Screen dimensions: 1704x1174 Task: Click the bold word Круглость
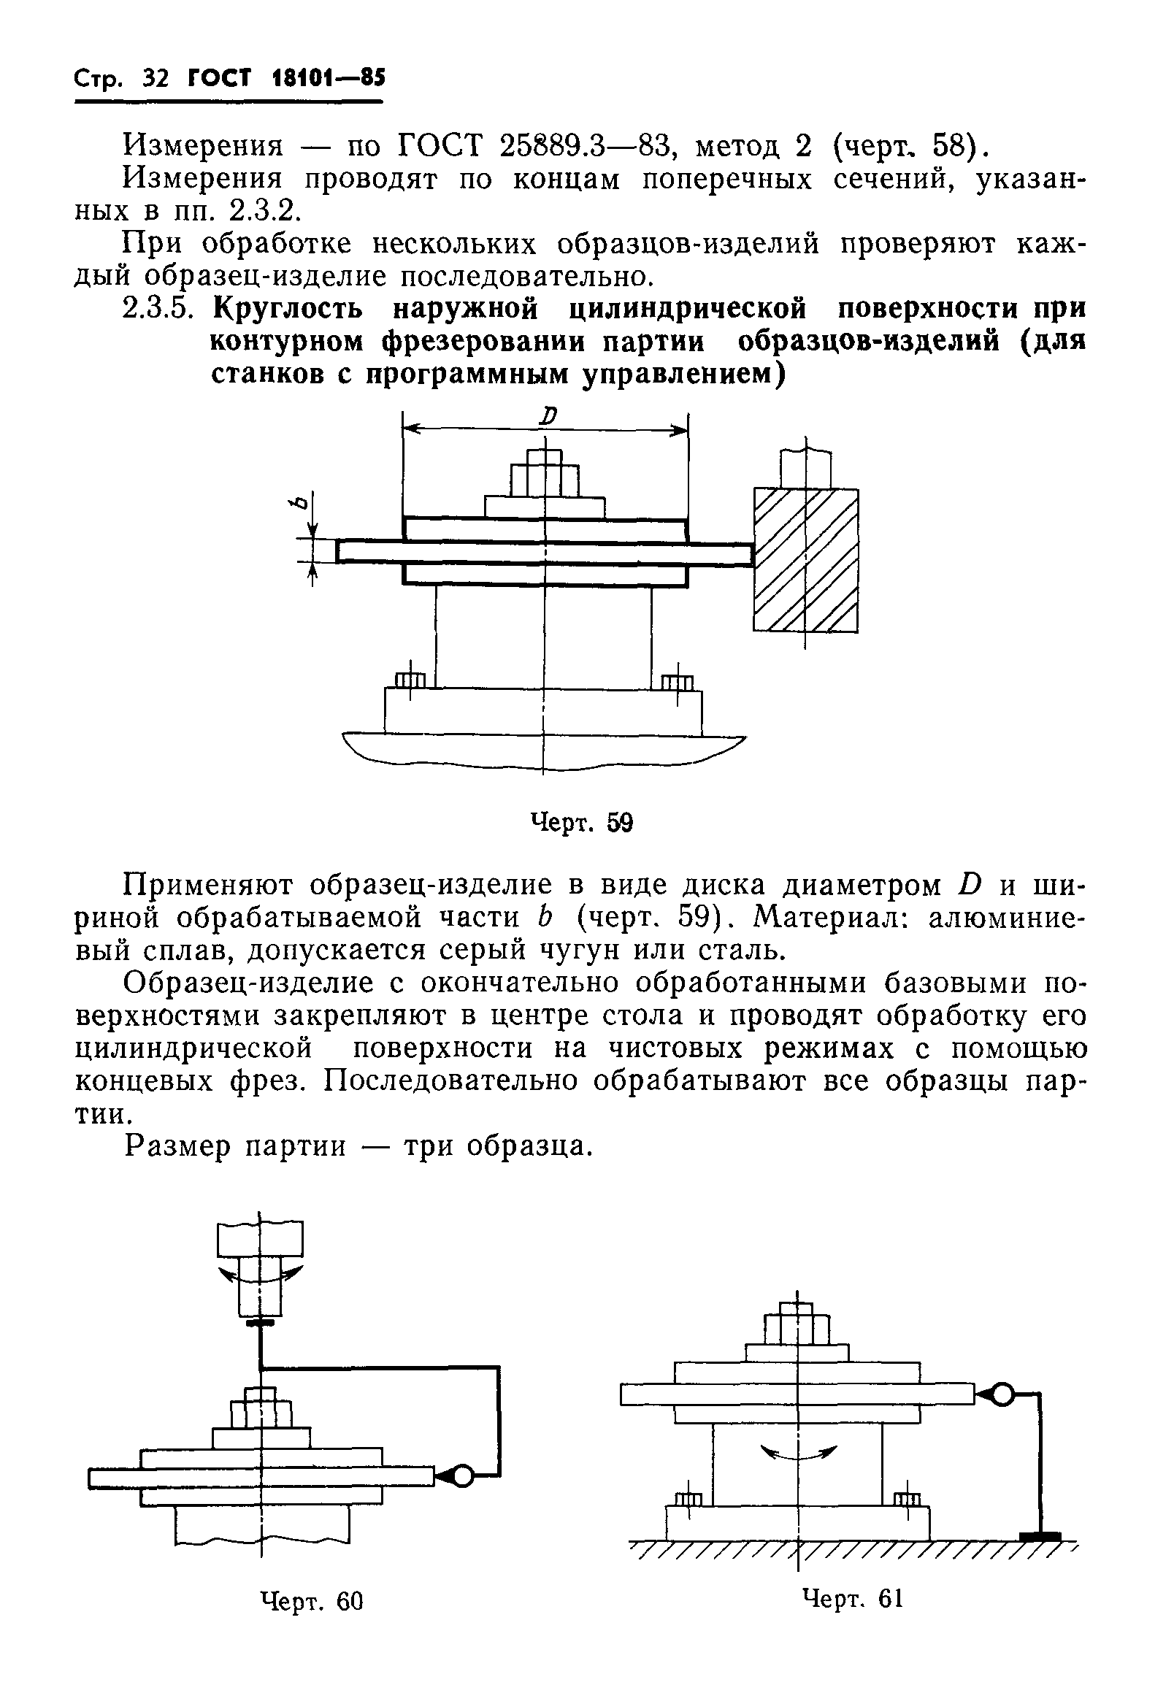[288, 310]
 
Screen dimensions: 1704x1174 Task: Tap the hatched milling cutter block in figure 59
[805, 560]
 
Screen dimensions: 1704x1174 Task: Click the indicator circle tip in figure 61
[1002, 1393]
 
